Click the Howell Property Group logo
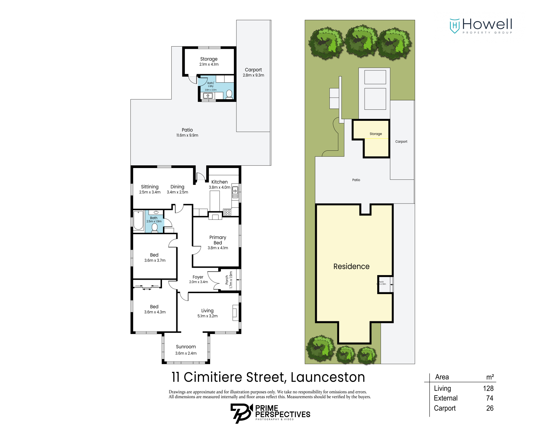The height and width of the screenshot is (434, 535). (480, 26)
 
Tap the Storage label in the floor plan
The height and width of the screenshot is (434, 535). (209, 61)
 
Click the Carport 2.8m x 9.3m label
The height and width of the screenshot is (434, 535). (253, 72)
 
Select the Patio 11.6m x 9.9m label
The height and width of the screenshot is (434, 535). (187, 132)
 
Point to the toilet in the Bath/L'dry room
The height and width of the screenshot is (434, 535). (229, 94)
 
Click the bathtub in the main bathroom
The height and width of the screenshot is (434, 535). (139, 220)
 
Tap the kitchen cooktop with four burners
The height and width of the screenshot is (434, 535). (228, 212)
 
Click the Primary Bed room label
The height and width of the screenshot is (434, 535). (218, 242)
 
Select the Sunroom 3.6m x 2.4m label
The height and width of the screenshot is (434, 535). (186, 350)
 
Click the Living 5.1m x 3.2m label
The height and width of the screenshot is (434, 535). (207, 313)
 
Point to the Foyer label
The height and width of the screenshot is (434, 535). (198, 277)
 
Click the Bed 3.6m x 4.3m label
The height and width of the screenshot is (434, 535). (154, 309)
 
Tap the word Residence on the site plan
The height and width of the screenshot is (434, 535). (351, 266)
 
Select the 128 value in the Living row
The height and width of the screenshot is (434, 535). (488, 388)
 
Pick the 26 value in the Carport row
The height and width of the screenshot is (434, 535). (489, 408)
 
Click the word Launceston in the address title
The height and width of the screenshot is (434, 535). (328, 377)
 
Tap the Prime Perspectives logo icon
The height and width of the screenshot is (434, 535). (241, 413)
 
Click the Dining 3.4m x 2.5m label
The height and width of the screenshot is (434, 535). (177, 189)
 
